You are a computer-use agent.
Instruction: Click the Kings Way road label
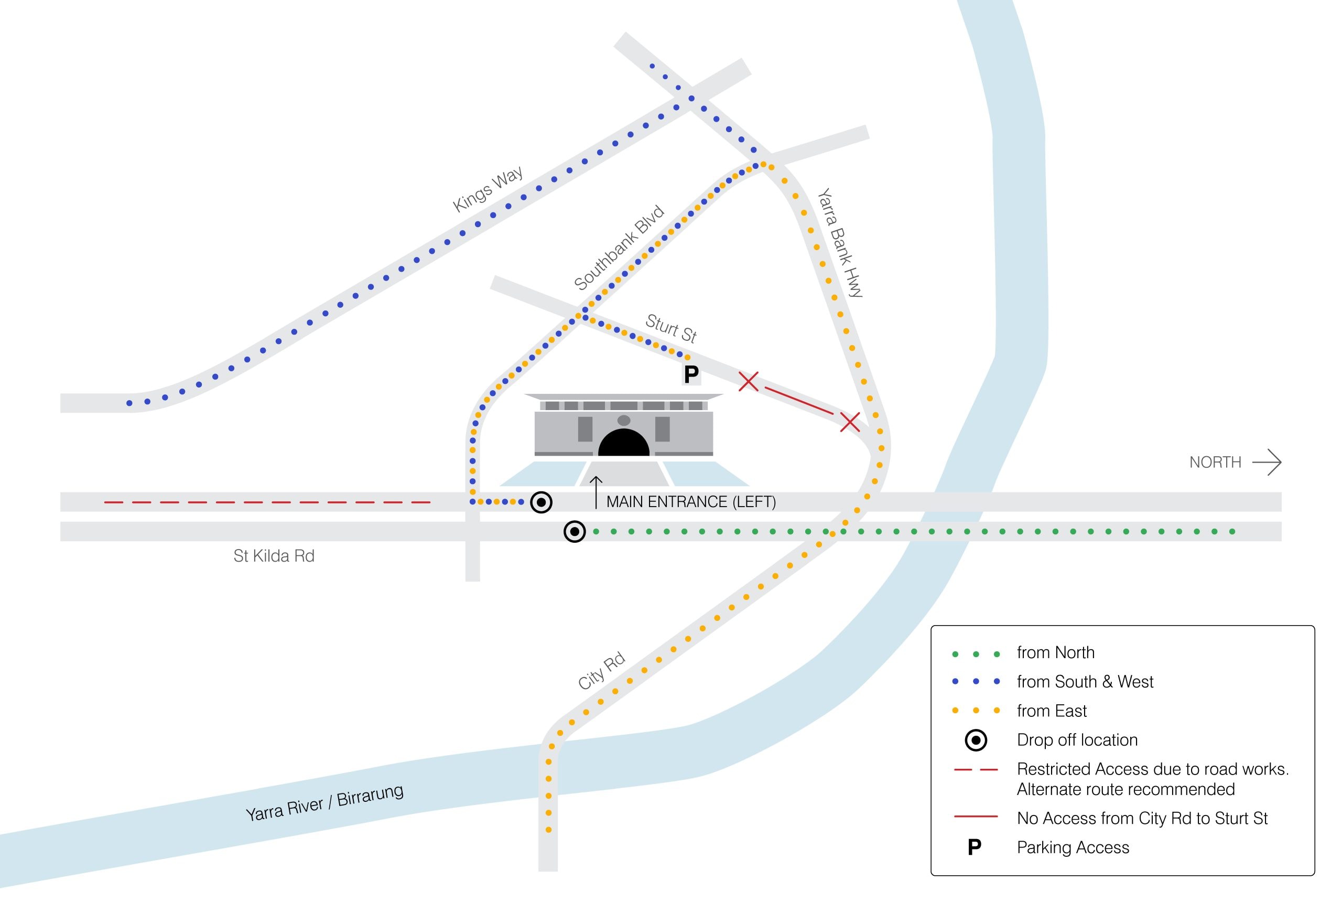tap(488, 189)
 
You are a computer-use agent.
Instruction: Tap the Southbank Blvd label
tap(619, 248)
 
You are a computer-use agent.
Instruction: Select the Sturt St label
tap(671, 328)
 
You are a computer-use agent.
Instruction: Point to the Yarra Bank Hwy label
tap(840, 242)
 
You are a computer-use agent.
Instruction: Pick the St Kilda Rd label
tap(274, 556)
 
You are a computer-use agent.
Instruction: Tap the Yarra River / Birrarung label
tap(324, 803)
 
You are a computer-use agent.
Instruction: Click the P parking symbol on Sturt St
tap(691, 374)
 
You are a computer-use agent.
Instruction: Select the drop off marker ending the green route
tap(575, 532)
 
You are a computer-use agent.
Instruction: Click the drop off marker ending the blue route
tap(541, 502)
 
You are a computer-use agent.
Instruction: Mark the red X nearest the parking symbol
tap(748, 381)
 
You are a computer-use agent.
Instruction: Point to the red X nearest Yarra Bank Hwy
tap(850, 422)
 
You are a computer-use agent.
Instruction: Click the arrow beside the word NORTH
tap(1267, 463)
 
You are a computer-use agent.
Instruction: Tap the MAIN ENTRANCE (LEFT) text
tap(691, 502)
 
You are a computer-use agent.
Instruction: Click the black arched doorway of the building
tap(624, 443)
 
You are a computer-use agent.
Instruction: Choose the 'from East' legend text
tap(1052, 711)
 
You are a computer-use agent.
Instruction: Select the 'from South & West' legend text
tap(1085, 682)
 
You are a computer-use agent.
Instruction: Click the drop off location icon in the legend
tap(976, 740)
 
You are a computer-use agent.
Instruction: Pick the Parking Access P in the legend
tap(975, 847)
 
